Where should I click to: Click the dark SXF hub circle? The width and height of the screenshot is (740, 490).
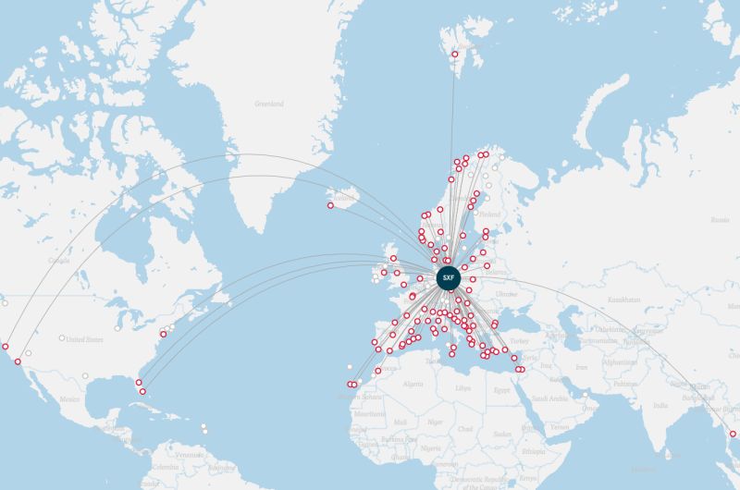pyautogui.click(x=449, y=277)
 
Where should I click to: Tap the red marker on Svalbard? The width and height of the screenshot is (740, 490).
pyautogui.click(x=454, y=55)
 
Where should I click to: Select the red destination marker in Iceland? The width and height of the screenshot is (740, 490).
pyautogui.click(x=330, y=205)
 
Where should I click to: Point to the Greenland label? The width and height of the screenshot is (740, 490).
pyautogui.click(x=268, y=104)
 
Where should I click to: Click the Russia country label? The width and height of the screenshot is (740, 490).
pyautogui.click(x=720, y=219)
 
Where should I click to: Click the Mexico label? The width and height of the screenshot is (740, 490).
pyautogui.click(x=70, y=398)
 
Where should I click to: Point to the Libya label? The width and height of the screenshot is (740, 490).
pyautogui.click(x=463, y=388)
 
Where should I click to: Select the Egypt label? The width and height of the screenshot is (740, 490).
pyautogui.click(x=502, y=390)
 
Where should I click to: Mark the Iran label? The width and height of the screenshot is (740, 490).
pyautogui.click(x=581, y=368)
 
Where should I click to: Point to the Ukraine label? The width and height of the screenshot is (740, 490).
pyautogui.click(x=507, y=293)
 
